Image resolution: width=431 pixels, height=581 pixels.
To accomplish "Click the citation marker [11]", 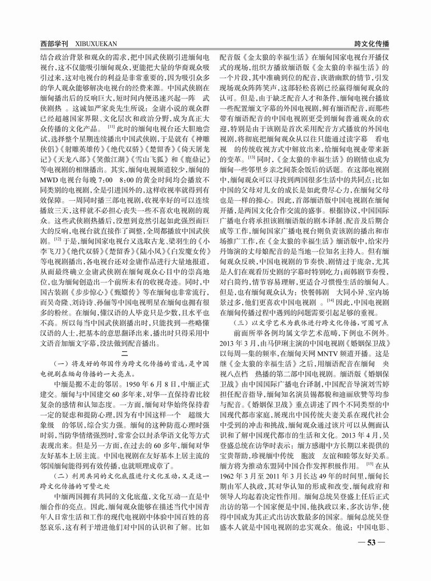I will tap(111, 126).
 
